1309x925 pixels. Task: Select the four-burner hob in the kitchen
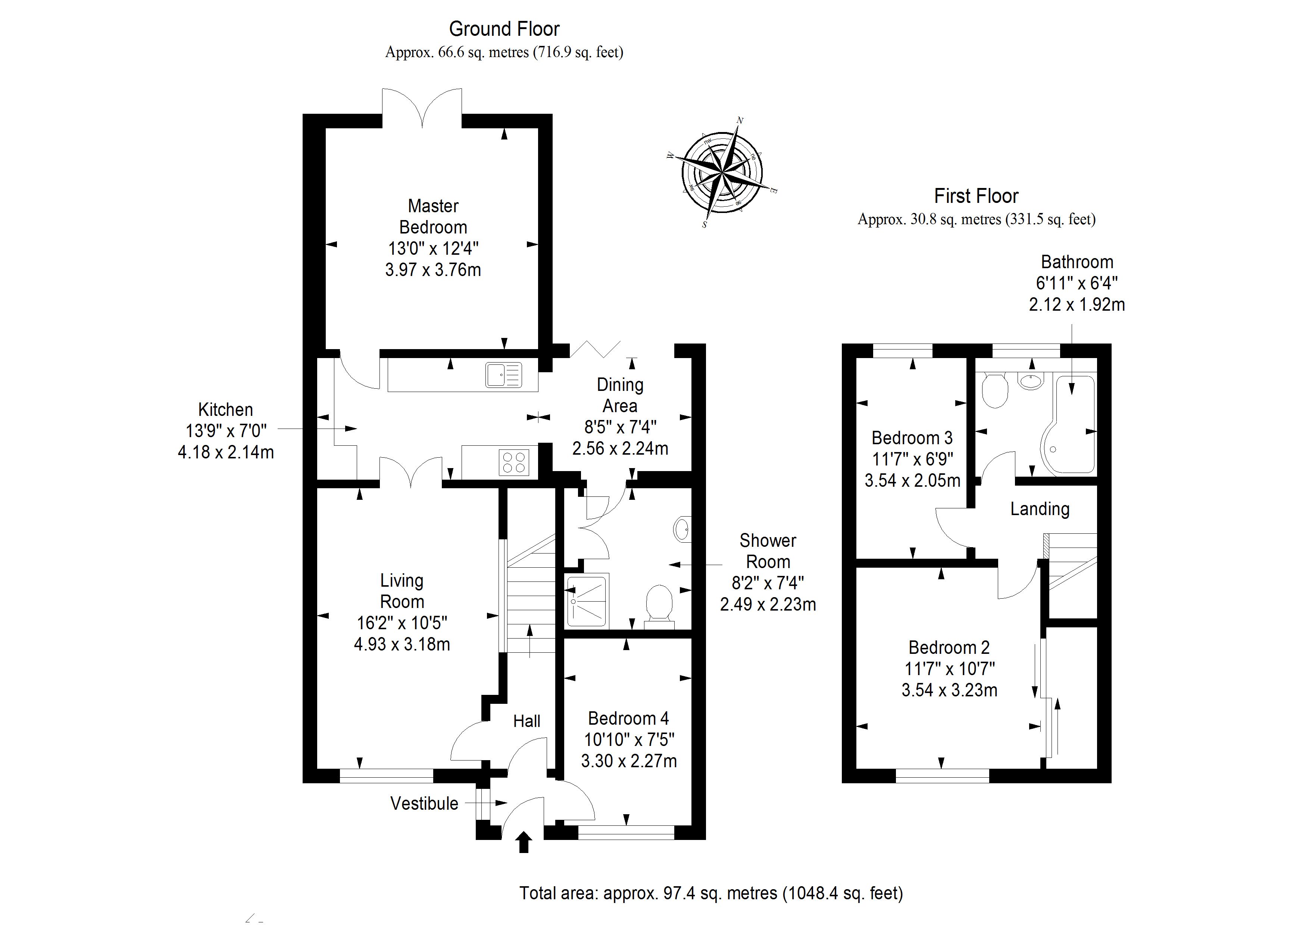pyautogui.click(x=514, y=462)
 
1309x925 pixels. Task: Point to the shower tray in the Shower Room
pyautogui.click(x=587, y=599)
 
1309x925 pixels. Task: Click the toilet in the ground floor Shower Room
pyautogui.click(x=660, y=604)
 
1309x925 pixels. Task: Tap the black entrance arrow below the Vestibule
pyautogui.click(x=524, y=842)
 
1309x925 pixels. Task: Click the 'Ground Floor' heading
pyautogui.click(x=504, y=28)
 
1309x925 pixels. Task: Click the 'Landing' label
pyautogui.click(x=1040, y=509)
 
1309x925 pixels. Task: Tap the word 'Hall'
pyautogui.click(x=526, y=721)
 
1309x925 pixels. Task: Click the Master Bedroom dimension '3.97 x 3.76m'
pyautogui.click(x=433, y=270)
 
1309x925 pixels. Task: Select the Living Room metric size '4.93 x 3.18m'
pyautogui.click(x=402, y=644)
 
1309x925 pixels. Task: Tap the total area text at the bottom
pyautogui.click(x=711, y=893)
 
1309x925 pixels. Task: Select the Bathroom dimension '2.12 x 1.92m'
pyautogui.click(x=1077, y=304)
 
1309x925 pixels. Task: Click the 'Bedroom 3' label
pyautogui.click(x=912, y=438)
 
